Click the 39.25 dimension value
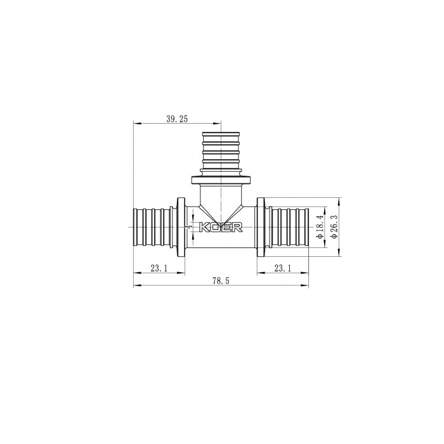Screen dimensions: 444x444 pos(178,119)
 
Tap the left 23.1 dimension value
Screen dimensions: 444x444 pos(159,269)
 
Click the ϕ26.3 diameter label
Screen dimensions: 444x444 pos(334,226)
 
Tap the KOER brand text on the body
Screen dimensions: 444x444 pos(219,227)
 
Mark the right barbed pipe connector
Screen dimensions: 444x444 pos(289,226)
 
